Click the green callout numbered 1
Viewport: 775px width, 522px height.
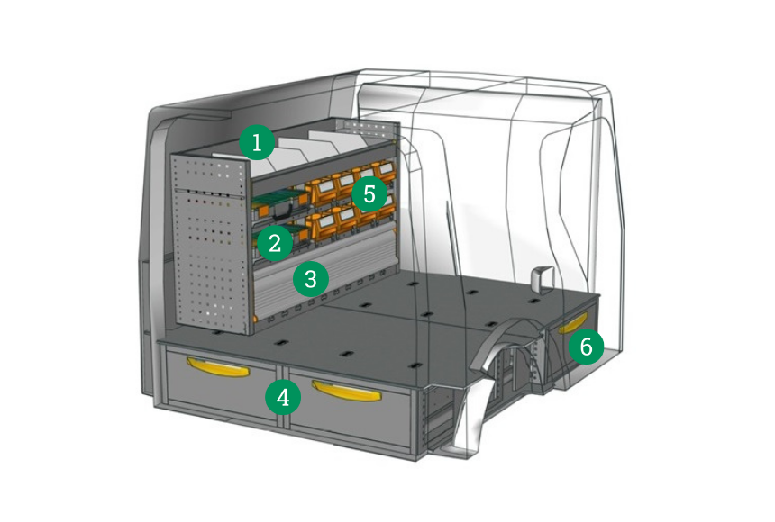coord(257,142)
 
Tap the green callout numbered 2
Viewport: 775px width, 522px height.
coord(274,240)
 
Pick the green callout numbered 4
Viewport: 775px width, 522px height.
coord(284,396)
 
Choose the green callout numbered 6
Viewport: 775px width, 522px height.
coord(586,346)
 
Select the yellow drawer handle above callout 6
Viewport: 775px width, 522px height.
coord(577,325)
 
